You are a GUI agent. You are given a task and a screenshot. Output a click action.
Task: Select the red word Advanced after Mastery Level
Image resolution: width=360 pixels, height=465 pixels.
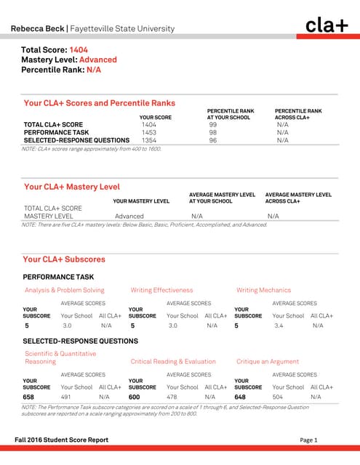point(98,60)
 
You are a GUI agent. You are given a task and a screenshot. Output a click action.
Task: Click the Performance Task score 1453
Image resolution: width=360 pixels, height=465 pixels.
point(149,133)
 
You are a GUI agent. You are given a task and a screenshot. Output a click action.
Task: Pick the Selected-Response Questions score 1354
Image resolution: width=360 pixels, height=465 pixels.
point(149,140)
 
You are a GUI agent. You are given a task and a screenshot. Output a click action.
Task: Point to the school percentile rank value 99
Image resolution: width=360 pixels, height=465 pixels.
point(213,125)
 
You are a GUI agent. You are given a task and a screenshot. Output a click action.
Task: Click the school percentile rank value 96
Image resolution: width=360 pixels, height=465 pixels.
point(213,140)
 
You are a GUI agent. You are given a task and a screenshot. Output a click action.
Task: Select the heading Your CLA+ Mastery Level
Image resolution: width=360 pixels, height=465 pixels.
point(72,187)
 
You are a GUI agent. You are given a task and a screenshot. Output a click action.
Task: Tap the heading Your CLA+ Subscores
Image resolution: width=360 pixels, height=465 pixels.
point(64,259)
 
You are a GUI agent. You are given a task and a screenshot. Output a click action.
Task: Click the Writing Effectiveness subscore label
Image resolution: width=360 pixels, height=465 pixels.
point(161,291)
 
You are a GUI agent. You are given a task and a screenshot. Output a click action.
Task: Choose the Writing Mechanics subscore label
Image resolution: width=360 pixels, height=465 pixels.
point(263,291)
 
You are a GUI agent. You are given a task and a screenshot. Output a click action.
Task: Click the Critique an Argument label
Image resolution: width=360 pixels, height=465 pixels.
point(268,361)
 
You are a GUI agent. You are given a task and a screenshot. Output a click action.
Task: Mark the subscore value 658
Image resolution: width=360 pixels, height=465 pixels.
point(29,397)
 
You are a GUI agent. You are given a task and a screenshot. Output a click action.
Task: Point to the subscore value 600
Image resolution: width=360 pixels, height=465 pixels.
point(135,397)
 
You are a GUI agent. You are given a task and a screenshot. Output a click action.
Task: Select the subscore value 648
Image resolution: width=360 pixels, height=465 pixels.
point(241,397)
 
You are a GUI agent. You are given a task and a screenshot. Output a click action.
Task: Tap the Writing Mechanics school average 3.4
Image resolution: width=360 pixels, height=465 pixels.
point(279,326)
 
